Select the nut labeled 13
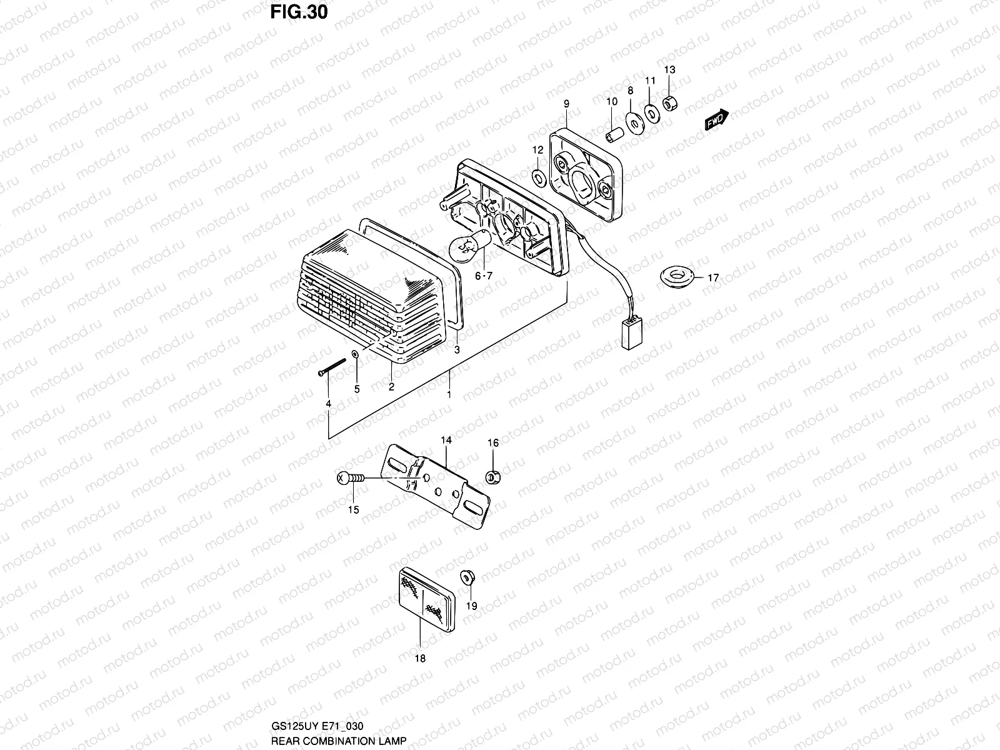click(671, 102)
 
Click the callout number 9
click(566, 104)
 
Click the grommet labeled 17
click(677, 277)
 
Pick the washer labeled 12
click(538, 177)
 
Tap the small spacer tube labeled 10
click(613, 134)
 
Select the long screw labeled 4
click(332, 367)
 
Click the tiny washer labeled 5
click(355, 354)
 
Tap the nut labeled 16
click(492, 477)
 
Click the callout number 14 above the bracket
click(446, 441)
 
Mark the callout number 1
click(449, 395)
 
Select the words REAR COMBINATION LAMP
click(338, 741)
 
